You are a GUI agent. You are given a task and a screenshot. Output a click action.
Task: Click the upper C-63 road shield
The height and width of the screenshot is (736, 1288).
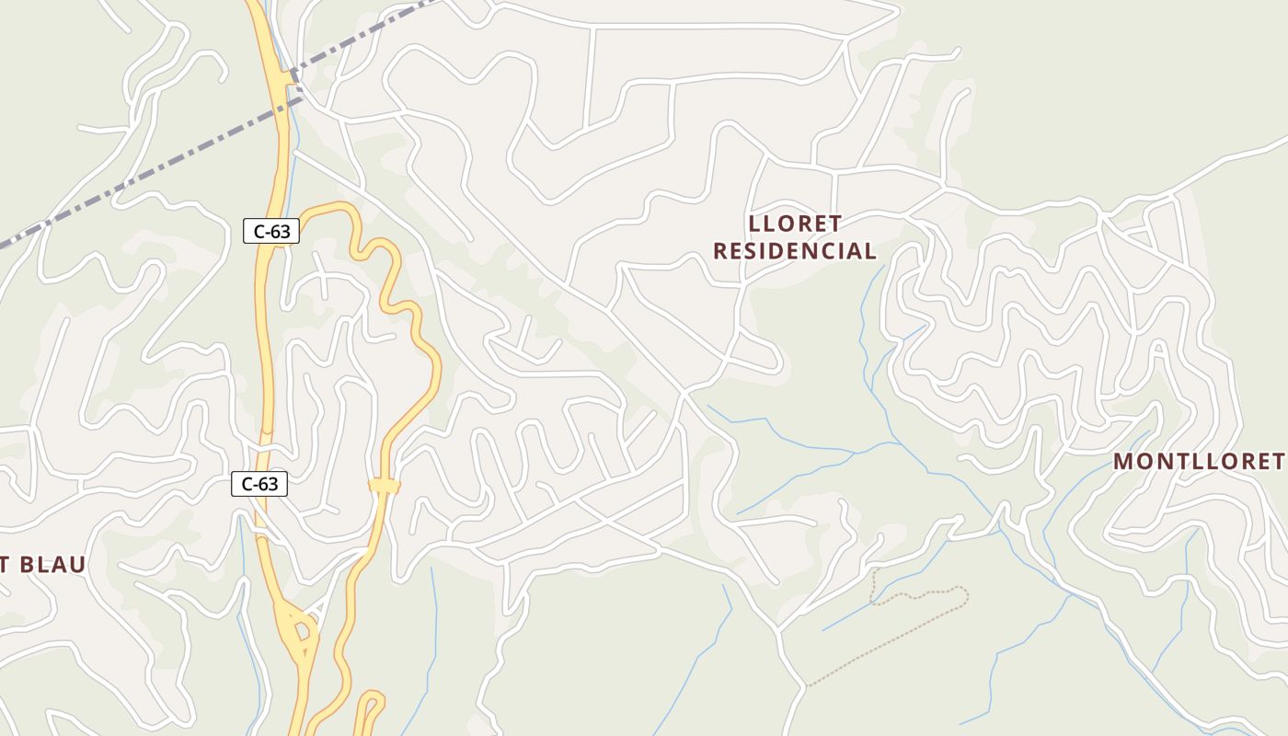point(271,231)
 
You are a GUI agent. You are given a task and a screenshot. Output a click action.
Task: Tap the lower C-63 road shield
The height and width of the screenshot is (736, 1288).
point(259,484)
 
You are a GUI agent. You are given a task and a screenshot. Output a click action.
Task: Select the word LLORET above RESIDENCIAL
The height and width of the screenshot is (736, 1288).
point(795,224)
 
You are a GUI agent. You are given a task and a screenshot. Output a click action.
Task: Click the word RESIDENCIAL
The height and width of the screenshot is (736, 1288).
point(795,250)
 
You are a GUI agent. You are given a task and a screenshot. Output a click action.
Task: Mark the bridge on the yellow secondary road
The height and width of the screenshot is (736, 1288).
point(385,485)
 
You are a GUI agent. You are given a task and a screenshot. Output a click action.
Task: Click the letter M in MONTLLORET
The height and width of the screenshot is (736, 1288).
point(1123,461)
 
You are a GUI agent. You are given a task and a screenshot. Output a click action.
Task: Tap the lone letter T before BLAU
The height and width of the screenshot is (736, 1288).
point(4,565)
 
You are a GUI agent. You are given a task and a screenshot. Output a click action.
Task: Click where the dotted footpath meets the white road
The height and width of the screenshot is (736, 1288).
point(808,685)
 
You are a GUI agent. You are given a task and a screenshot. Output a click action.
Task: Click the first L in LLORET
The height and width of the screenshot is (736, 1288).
point(755,224)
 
